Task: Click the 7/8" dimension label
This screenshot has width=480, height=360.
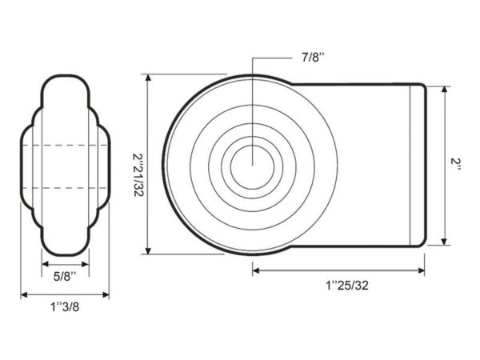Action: (x=313, y=58)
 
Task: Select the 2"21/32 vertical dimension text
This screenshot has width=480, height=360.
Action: (x=138, y=174)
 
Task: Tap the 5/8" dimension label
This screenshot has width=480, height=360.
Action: (x=65, y=277)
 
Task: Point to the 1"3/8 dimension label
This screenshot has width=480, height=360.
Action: (x=65, y=306)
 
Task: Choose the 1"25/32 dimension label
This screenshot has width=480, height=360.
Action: (x=347, y=286)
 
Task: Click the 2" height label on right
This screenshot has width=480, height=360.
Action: (x=455, y=165)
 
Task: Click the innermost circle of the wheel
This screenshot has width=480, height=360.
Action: (x=253, y=167)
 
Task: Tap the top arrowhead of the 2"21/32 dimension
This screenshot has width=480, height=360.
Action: (x=148, y=78)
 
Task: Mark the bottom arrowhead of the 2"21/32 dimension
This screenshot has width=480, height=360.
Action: (x=148, y=251)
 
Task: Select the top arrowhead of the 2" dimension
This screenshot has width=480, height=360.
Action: (x=445, y=90)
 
